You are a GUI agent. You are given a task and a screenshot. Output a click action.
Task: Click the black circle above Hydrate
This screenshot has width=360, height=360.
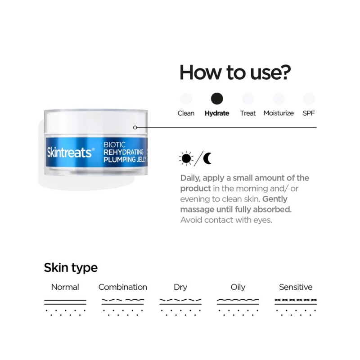coord(217,99)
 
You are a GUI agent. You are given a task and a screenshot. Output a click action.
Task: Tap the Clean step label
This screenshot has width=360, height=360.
coord(186,113)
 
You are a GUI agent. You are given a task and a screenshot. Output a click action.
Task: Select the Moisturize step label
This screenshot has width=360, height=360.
coord(279,113)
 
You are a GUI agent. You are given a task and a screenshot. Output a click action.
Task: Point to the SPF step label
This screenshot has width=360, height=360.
coord(308,113)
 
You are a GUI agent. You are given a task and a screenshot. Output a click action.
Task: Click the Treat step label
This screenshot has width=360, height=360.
coord(248,113)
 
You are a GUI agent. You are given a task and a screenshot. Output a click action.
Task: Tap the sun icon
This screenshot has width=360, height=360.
coord(186,158)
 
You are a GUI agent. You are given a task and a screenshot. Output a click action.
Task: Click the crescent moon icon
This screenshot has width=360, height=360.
coord(208,158)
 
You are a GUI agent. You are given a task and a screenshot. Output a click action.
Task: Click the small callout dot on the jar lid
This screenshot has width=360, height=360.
coord(135,127)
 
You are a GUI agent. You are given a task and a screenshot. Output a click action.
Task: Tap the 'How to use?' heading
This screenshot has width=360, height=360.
coord(235,72)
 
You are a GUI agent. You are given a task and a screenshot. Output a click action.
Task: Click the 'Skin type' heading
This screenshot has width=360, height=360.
coord(71,268)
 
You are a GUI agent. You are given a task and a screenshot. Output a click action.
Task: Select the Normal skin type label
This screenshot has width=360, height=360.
coord(65,287)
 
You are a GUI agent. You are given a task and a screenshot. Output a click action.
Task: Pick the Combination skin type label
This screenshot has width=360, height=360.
coord(123,287)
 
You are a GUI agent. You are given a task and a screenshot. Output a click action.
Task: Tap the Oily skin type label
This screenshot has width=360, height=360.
coord(238,287)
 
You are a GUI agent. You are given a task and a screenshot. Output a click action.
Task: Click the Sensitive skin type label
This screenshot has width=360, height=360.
coord(296,287)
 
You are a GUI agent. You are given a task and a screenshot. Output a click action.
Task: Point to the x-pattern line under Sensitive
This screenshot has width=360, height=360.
coord(296,300)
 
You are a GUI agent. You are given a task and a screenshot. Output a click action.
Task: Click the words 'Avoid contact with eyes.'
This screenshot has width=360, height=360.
coord(226,220)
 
